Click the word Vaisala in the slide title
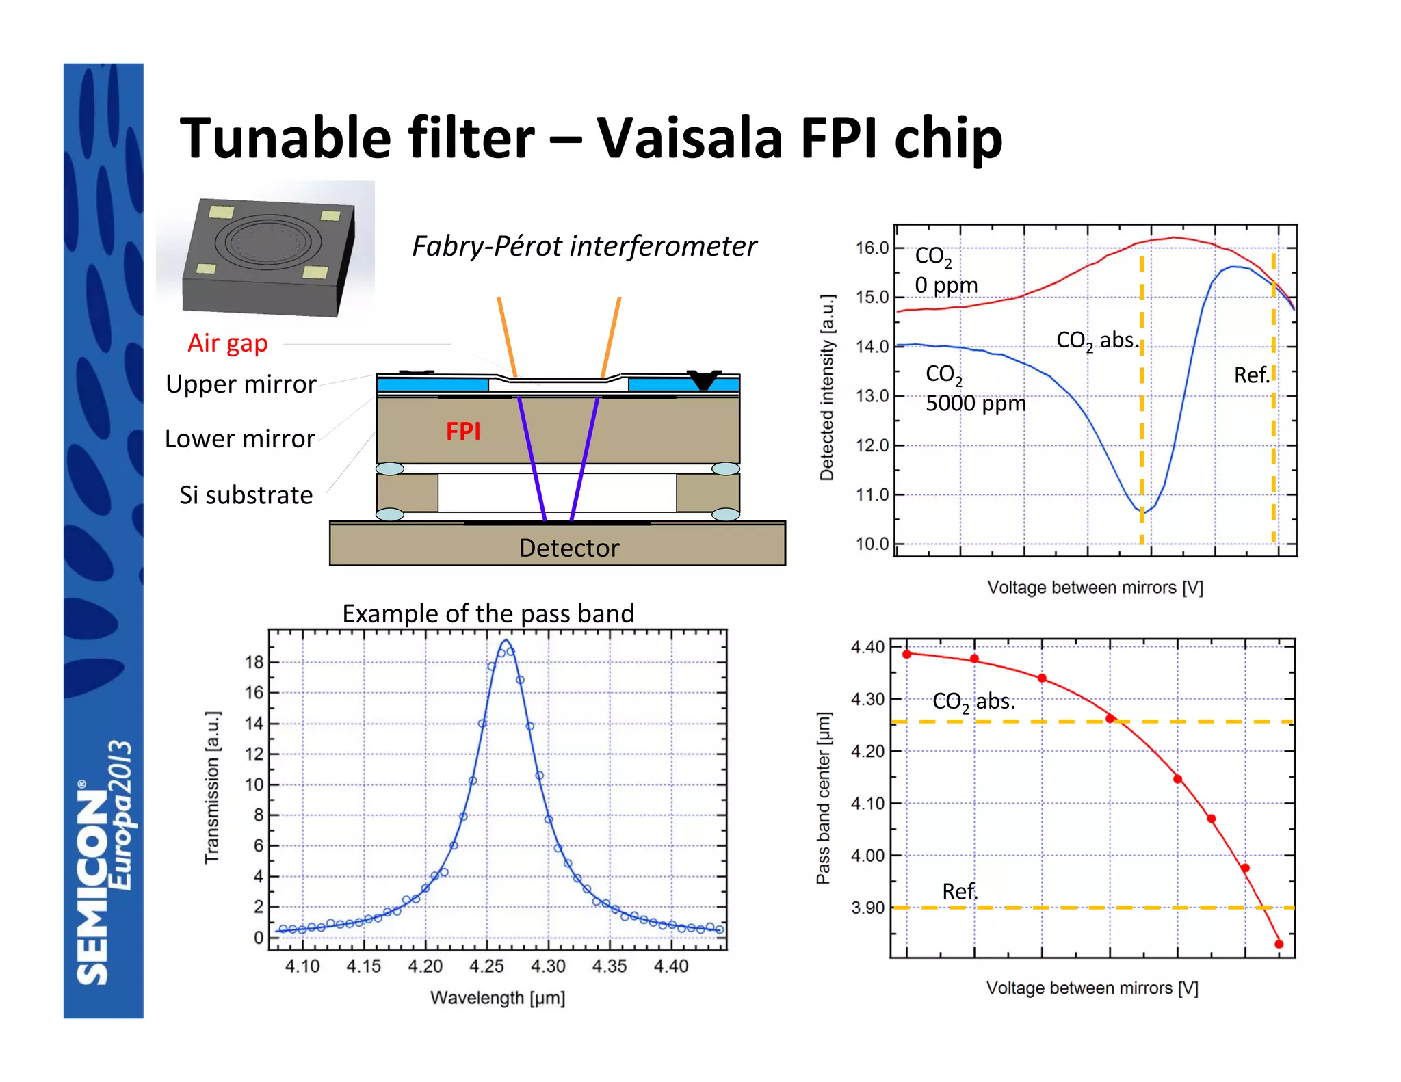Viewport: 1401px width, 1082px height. click(689, 139)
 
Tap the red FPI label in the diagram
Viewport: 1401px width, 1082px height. click(463, 432)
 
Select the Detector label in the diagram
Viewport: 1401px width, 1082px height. click(569, 548)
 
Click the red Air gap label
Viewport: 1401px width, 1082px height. click(227, 343)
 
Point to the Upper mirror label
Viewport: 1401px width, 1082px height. click(241, 384)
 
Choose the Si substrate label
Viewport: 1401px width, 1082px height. click(246, 495)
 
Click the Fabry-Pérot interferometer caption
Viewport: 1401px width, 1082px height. click(584, 246)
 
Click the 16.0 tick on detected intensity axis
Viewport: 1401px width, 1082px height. click(872, 248)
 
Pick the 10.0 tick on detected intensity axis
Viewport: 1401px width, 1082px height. click(872, 544)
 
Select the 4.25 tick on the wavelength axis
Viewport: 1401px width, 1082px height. click(486, 966)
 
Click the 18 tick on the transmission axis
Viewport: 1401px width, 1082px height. click(254, 662)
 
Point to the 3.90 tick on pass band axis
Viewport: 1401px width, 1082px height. click(867, 908)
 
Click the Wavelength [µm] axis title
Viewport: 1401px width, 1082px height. click(497, 998)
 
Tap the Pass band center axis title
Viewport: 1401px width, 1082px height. click(824, 798)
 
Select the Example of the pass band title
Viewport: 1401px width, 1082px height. click(488, 613)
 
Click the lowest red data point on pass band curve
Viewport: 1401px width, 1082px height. click(1279, 945)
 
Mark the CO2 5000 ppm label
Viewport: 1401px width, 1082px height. click(975, 389)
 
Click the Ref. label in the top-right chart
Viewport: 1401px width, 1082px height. click(1251, 375)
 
